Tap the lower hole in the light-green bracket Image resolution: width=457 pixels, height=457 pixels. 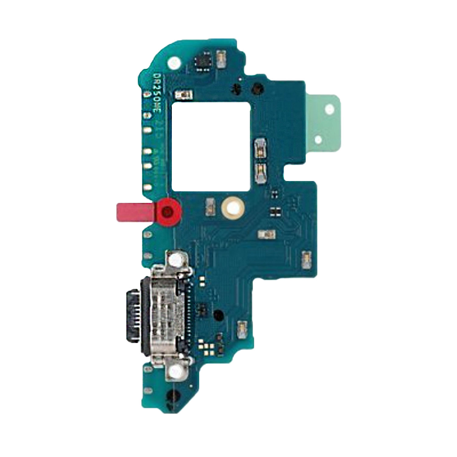click(319, 140)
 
